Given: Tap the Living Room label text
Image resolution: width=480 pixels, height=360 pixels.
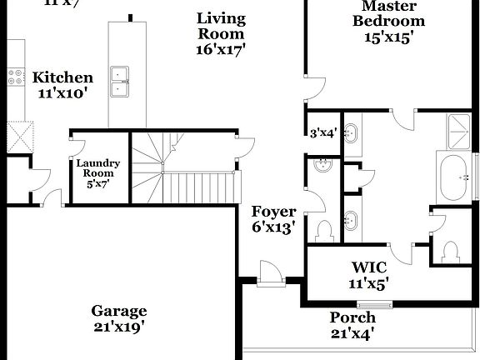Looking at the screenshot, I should coord(220,33).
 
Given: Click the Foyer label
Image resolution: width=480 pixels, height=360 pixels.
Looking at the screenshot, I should coord(274,218).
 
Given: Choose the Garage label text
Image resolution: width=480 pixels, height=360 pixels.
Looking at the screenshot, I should coord(119,318).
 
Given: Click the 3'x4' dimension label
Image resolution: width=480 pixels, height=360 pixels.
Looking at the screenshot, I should coord(322,132).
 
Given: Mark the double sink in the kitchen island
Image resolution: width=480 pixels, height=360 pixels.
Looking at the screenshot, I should coord(122,76).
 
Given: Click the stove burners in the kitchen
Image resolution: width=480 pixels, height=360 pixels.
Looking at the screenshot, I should coord(15,77).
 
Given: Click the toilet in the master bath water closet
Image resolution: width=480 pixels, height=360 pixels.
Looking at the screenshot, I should coord(450,249).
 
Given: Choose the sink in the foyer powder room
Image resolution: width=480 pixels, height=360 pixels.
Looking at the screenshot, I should coord(322,169).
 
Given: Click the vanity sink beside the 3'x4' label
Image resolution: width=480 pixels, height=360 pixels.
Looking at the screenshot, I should coord(352,133).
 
